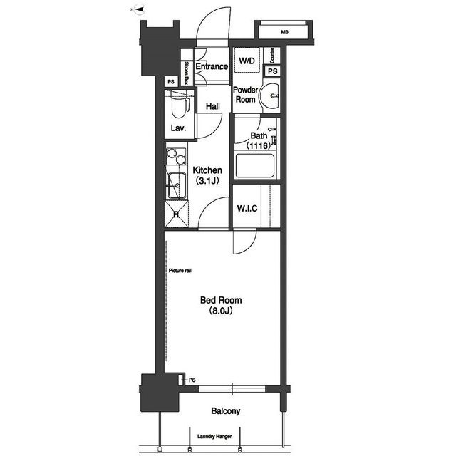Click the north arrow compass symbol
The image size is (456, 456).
(138, 9)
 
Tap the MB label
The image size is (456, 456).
(285, 32)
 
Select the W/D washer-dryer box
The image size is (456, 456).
(247, 60)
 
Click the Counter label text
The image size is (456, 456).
(272, 56)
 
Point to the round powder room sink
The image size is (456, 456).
(269, 95)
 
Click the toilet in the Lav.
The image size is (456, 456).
(179, 104)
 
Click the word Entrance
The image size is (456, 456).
(212, 66)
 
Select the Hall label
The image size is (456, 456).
(213, 106)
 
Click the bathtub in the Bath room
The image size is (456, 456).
(255, 166)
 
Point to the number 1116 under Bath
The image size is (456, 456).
(259, 145)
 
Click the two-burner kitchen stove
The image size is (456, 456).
(176, 157)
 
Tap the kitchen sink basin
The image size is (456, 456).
(176, 185)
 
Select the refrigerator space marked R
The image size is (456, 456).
(177, 214)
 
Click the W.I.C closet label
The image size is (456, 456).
(247, 208)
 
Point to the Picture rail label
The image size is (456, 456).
(180, 271)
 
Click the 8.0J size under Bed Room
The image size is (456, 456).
(221, 311)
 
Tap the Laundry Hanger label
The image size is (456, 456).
(214, 436)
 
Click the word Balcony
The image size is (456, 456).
(226, 411)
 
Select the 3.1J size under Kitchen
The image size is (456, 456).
(207, 181)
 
